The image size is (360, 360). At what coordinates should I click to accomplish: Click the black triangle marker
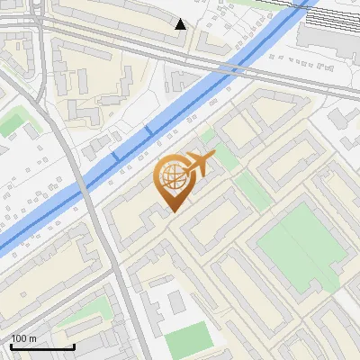tap(181, 24)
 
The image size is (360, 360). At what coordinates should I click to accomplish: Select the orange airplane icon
tap(198, 164)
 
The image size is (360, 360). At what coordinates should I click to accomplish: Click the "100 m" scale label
tap(23, 338)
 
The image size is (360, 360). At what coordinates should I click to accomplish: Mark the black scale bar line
tap(42, 346)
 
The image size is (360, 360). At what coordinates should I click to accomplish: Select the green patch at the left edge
tap(11, 123)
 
